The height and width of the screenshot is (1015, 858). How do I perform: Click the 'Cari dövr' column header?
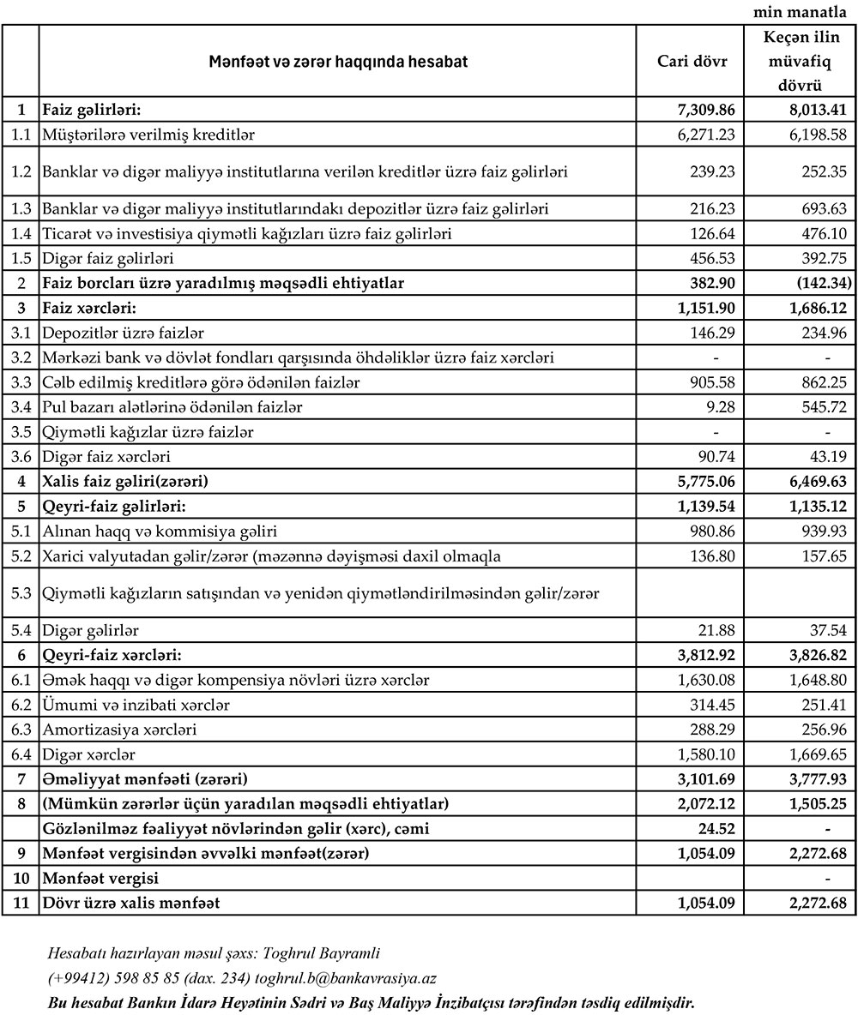pos(692,62)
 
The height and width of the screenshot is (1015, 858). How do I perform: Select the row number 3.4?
pos(21,405)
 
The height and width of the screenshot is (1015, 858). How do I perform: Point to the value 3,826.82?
pos(813,655)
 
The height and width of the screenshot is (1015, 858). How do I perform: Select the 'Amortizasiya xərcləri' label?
pos(119,730)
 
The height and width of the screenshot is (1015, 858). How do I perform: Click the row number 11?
pos(21,904)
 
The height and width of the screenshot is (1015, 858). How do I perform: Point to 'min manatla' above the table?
pos(804,12)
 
